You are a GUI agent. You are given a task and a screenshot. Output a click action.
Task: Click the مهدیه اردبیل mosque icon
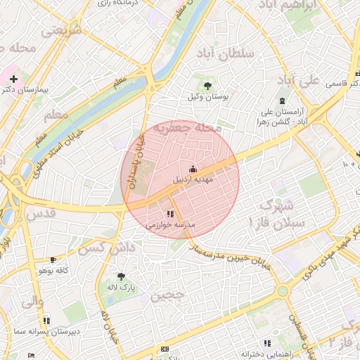pyautogui.click(x=193, y=169)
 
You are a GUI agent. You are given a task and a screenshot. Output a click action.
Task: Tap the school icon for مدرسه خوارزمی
pyautogui.click(x=170, y=214)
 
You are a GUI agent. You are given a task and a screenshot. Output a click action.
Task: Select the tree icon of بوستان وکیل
pyautogui.click(x=207, y=85)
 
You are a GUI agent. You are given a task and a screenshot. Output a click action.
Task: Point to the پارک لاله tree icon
pyautogui.click(x=121, y=276)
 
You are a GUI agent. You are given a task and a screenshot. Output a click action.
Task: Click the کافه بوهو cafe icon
pyautogui.click(x=53, y=259)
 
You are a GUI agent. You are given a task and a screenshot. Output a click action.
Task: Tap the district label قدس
pyautogui.click(x=40, y=212)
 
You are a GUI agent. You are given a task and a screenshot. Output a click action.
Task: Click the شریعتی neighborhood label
pyautogui.click(x=62, y=31)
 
